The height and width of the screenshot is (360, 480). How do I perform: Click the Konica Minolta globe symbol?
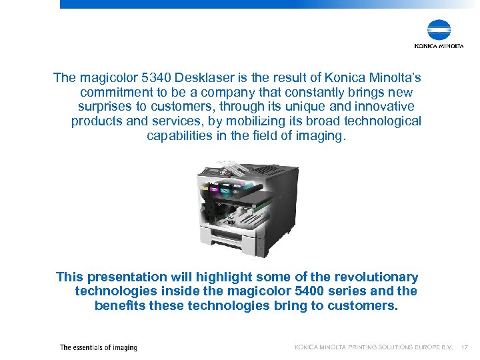click(x=439, y=31)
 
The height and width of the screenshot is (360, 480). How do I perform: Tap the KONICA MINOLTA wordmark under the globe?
click(x=439, y=47)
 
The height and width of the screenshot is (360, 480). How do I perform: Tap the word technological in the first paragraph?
click(x=383, y=121)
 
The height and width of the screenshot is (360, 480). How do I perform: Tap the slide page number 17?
click(x=465, y=347)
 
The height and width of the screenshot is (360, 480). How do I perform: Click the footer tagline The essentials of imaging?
click(x=98, y=347)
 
